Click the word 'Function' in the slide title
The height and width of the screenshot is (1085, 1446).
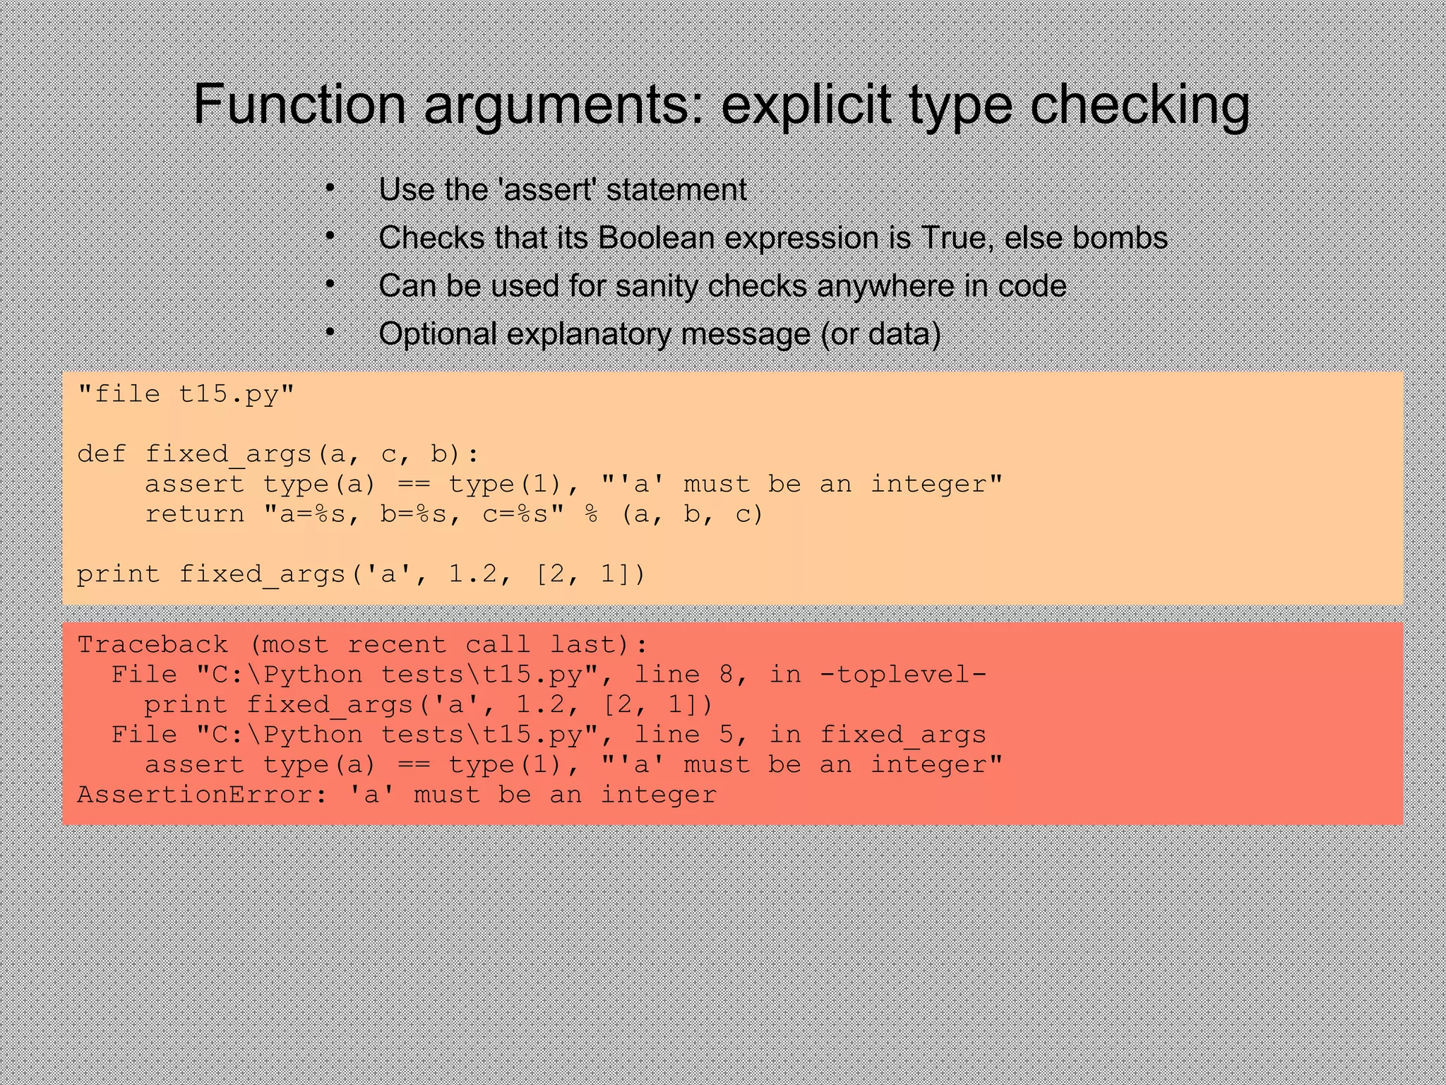299,105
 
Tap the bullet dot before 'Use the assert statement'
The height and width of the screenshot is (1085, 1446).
330,189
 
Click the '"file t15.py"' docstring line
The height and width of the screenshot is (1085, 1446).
186,394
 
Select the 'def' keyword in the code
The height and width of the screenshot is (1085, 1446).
102,454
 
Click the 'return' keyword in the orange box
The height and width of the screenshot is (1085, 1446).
195,514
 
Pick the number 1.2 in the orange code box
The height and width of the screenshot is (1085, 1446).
473,574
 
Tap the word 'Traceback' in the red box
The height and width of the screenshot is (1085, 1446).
153,645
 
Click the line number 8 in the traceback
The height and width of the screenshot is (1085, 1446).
727,675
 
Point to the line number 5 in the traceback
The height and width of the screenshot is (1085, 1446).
727,735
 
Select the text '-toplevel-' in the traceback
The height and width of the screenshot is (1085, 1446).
904,675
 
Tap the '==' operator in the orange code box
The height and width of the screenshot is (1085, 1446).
414,485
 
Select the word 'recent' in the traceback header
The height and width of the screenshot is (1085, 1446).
397,645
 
